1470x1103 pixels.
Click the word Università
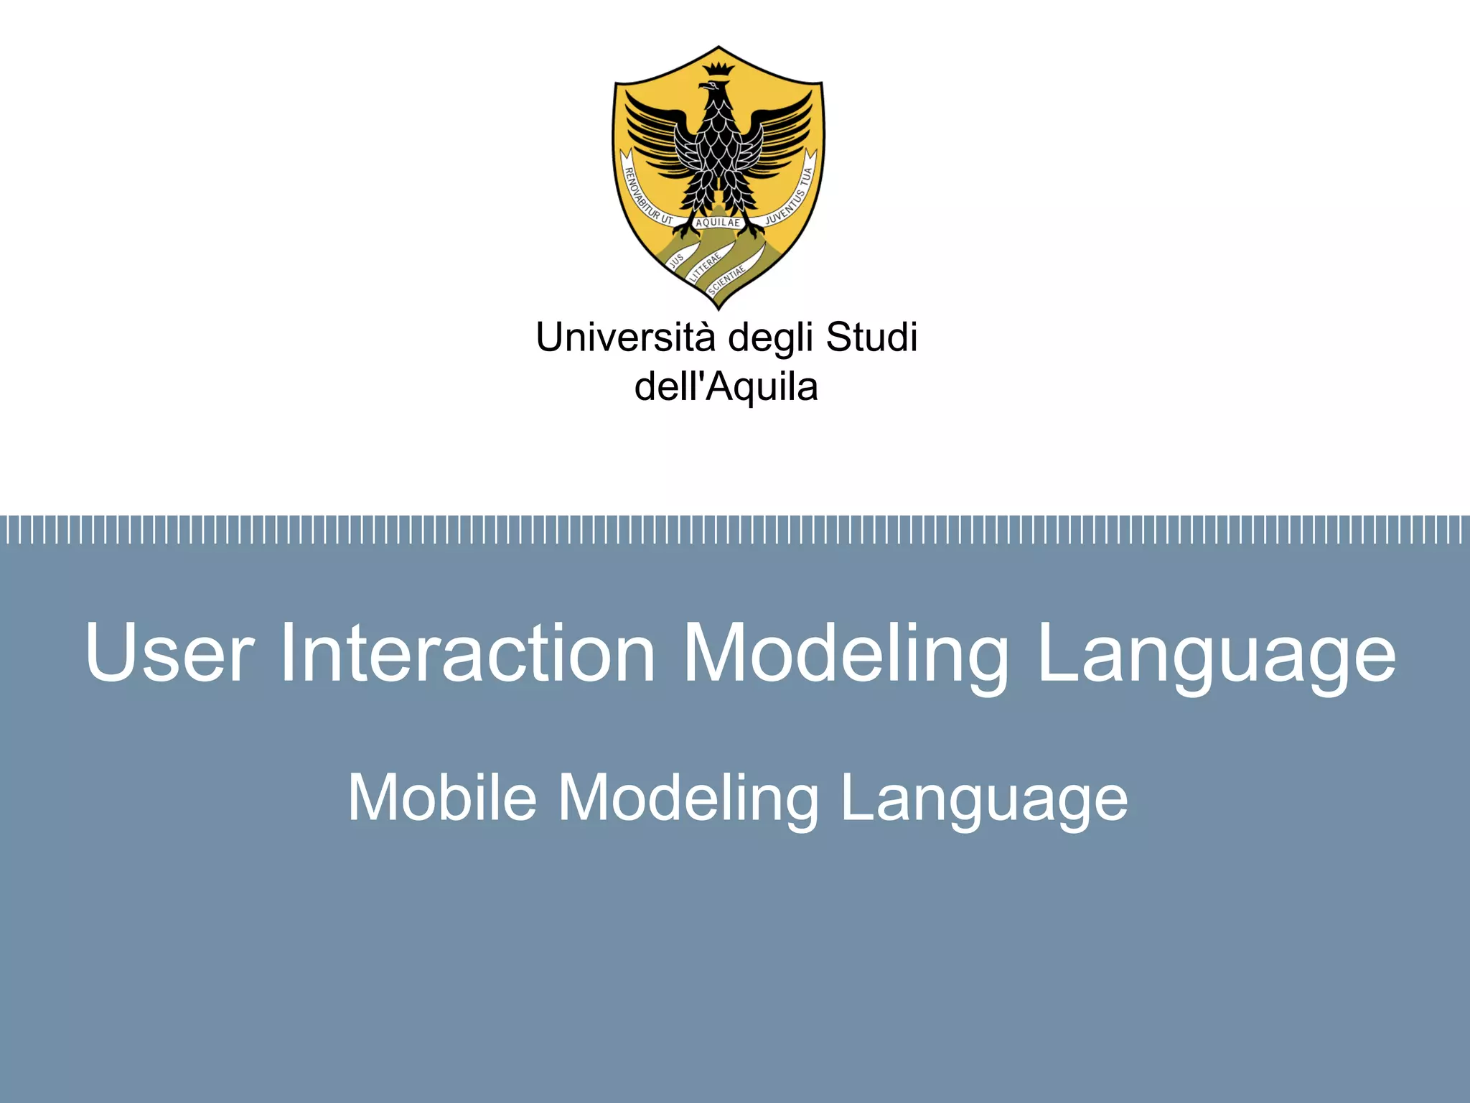pyautogui.click(x=625, y=338)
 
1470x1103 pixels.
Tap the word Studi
pyautogui.click(x=871, y=338)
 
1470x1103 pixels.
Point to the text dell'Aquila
pyautogui.click(x=726, y=387)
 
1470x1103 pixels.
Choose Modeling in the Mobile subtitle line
pyautogui.click(x=688, y=799)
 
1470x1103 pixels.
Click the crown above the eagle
pyautogui.click(x=718, y=70)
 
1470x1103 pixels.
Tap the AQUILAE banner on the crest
pyautogui.click(x=718, y=223)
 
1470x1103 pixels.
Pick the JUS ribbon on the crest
pyautogui.click(x=676, y=261)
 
